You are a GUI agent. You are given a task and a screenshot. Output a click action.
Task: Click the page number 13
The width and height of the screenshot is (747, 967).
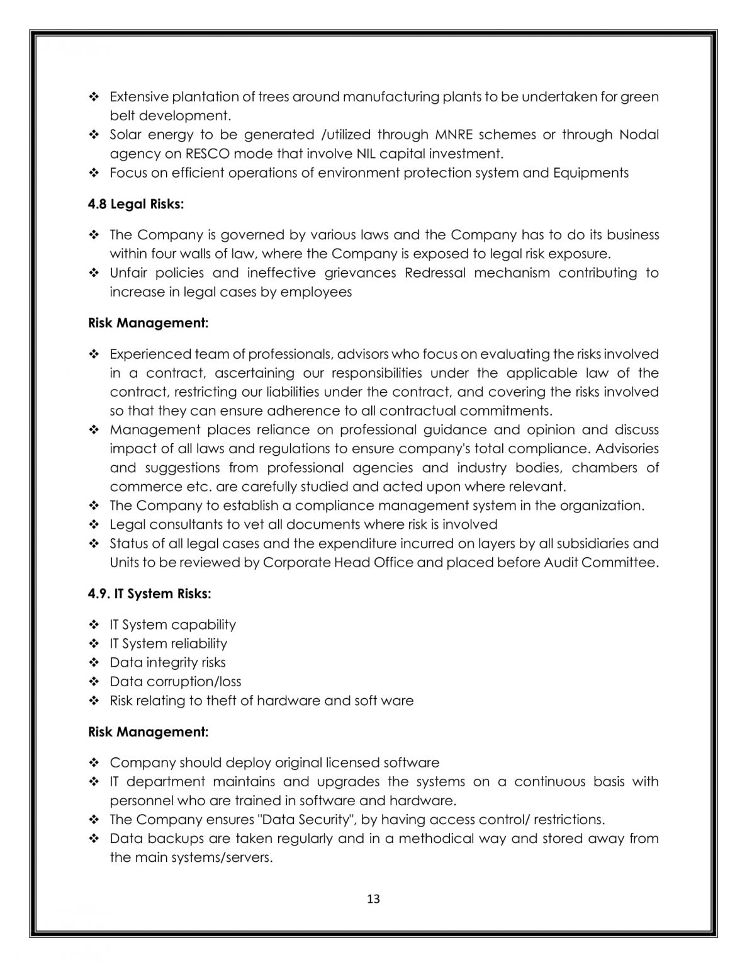tap(373, 899)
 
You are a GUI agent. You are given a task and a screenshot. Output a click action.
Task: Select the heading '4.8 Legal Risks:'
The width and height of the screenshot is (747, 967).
tap(136, 204)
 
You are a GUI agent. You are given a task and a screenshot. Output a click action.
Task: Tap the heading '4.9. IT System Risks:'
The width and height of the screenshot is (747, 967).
tap(149, 594)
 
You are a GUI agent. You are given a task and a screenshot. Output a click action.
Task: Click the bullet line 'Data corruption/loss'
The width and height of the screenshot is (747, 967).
tap(175, 681)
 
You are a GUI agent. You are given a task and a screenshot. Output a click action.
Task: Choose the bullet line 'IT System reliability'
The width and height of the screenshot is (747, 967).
tap(168, 643)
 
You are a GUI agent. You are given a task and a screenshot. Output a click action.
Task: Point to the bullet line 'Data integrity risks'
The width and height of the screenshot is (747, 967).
tap(167, 662)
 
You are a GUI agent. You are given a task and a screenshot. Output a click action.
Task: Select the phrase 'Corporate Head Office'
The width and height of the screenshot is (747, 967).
tap(338, 562)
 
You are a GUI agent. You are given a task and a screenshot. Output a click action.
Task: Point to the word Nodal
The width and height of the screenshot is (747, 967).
tap(639, 135)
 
